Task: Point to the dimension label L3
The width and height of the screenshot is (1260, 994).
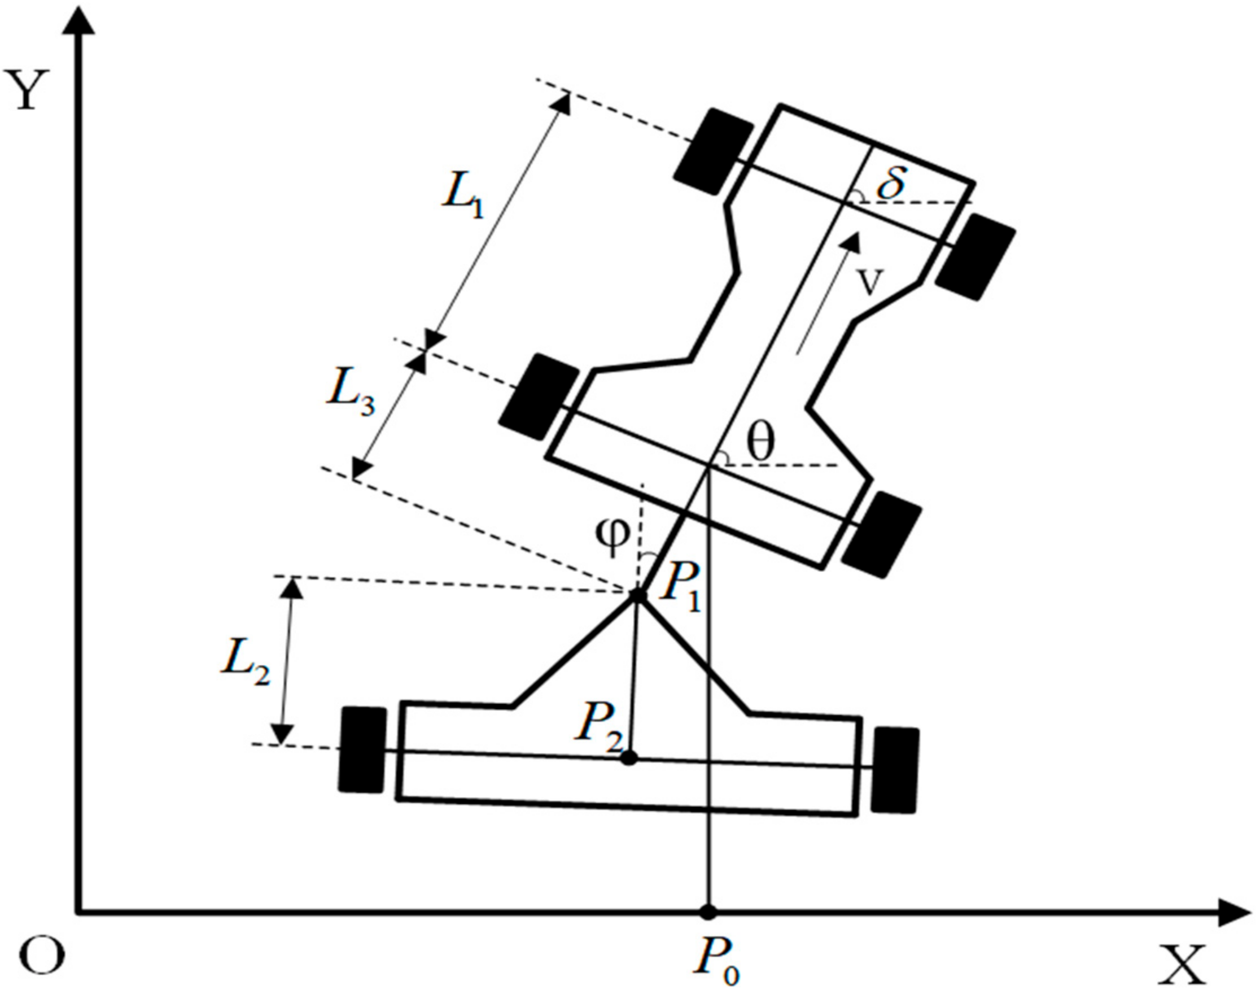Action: click(x=351, y=399)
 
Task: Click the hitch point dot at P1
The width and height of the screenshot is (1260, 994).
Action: click(x=637, y=595)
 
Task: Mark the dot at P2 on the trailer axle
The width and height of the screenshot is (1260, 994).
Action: click(x=629, y=758)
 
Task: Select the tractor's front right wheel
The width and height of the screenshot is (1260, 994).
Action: click(x=975, y=256)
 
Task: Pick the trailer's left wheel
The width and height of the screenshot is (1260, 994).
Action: click(x=363, y=749)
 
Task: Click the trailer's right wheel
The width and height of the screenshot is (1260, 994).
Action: click(x=895, y=769)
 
